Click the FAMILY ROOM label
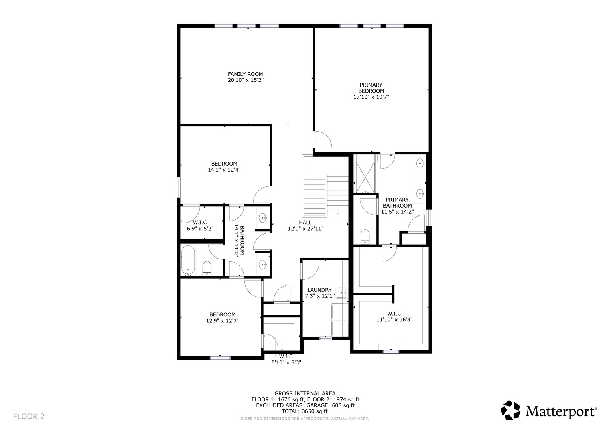(245, 74)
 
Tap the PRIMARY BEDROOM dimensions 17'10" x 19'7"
(371, 97)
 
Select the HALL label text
(305, 223)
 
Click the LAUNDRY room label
(319, 290)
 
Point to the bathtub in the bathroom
(188, 261)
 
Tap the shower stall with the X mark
(365, 178)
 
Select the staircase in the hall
(326, 195)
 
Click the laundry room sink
(342, 293)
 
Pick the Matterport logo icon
(510, 410)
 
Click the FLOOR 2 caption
(29, 416)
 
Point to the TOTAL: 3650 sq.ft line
(305, 411)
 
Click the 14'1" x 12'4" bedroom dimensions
(224, 170)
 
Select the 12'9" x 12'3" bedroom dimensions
(223, 321)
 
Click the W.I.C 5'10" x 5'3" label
(286, 360)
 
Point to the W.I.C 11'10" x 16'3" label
(394, 317)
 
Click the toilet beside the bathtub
(207, 268)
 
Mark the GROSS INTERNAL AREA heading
(305, 393)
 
